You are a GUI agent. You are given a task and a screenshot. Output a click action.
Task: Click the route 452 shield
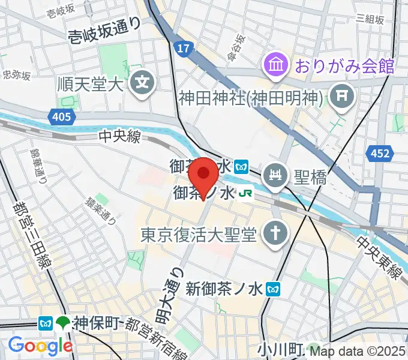pyautogui.click(x=379, y=154)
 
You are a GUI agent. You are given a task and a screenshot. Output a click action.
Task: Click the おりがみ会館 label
pyautogui.click(x=343, y=65)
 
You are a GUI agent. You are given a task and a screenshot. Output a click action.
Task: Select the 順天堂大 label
pyautogui.click(x=90, y=82)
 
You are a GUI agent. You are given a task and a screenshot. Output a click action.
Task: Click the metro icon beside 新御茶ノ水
pyautogui.click(x=274, y=289)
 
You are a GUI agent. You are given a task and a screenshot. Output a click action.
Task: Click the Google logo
pyautogui.click(x=40, y=345)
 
